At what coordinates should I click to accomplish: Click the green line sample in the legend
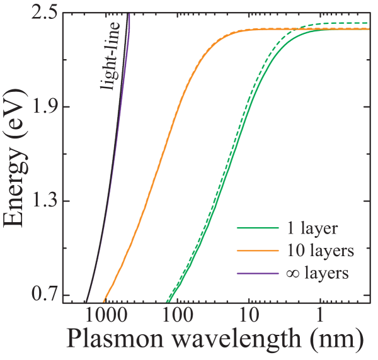click(257, 228)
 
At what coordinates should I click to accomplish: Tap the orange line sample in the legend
click(257, 250)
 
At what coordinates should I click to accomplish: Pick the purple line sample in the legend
click(257, 274)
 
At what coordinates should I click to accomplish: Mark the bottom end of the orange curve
click(105, 301)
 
